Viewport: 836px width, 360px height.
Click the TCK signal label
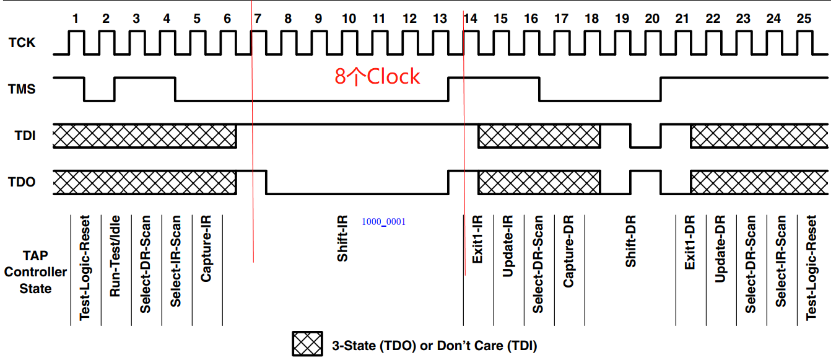coord(22,43)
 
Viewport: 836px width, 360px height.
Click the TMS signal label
coord(22,89)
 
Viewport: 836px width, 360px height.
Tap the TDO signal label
coord(22,182)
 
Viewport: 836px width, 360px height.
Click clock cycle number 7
coord(258,19)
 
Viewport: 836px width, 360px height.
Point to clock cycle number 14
coord(471,19)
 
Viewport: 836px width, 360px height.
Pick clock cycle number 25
coord(804,19)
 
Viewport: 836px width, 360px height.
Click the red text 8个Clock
coord(377,76)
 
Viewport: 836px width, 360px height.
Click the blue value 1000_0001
coord(383,222)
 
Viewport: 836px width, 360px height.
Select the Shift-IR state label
coord(342,238)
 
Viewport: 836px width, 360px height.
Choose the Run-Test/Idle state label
coord(115,256)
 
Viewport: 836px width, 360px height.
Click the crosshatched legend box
coord(308,345)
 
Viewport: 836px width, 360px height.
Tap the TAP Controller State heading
coord(35,272)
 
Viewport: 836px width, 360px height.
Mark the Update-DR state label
coord(720,249)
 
